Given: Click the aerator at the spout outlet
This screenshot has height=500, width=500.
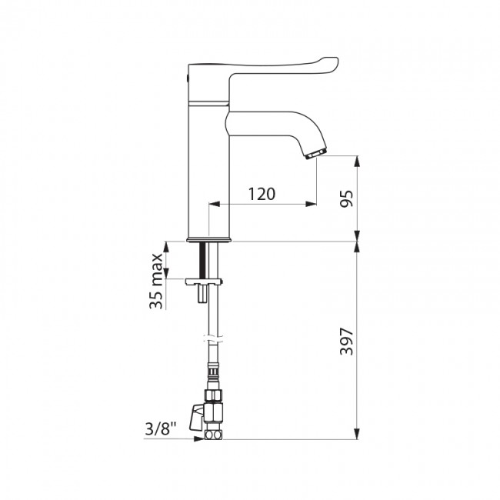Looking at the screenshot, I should (316, 155).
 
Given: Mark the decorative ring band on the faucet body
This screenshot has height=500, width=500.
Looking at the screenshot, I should (208, 101).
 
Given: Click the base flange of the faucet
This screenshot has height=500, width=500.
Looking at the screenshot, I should (208, 238).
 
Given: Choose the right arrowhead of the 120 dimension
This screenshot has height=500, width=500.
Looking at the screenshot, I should (311, 204).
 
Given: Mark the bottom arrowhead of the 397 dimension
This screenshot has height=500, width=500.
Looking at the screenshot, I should (357, 435).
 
